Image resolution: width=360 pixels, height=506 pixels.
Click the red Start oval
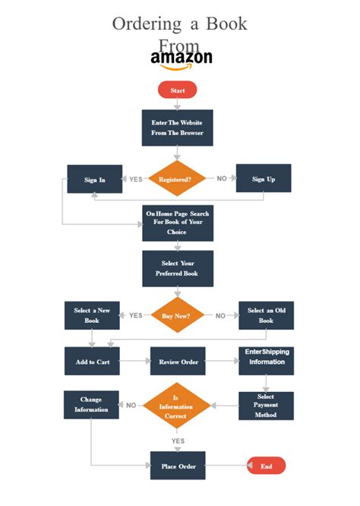click(x=177, y=90)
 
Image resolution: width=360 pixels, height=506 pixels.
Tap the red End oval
click(x=266, y=465)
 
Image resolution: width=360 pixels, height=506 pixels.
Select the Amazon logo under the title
click(x=182, y=59)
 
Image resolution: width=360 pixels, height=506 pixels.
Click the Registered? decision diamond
click(x=177, y=179)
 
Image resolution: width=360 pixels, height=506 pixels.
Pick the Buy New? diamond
click(x=177, y=315)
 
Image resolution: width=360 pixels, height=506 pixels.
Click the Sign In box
click(x=95, y=179)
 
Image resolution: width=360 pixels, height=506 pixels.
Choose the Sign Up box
click(x=263, y=179)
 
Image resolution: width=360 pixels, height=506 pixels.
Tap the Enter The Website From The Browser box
click(x=177, y=128)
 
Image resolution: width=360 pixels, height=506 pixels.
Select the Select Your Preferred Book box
click(x=177, y=268)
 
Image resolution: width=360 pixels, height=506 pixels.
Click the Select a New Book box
click(x=92, y=315)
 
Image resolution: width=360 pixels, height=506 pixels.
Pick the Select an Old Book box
click(x=266, y=315)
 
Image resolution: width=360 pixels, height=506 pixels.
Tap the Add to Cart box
click(x=92, y=362)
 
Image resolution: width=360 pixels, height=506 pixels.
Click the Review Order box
click(x=178, y=362)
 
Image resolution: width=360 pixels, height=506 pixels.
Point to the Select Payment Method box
click(x=266, y=406)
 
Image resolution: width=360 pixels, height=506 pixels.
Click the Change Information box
click(x=91, y=404)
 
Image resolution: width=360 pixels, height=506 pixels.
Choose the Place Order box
click(x=178, y=466)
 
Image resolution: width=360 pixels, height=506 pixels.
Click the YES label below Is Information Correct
click(x=178, y=441)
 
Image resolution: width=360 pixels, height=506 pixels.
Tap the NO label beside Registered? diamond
click(x=222, y=179)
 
